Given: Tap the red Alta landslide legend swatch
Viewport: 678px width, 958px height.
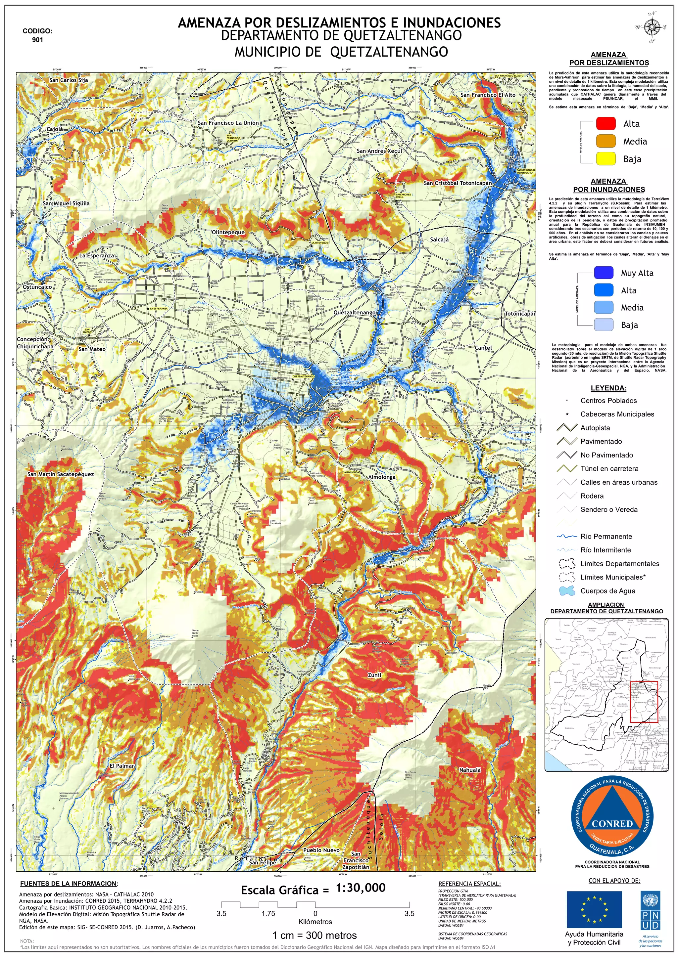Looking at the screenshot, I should click(606, 123).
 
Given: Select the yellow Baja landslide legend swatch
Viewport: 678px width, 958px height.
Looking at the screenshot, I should click(606, 158).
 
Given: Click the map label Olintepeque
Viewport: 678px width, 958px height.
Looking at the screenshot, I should click(228, 233).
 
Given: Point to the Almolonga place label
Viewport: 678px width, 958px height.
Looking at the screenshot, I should click(382, 477).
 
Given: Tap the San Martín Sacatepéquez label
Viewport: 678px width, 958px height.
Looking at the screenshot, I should click(61, 474).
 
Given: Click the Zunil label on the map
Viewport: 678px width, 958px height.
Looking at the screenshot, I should click(374, 675).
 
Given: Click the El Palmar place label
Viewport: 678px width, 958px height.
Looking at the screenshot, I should click(122, 766).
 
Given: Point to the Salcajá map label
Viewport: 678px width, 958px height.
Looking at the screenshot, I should click(439, 240).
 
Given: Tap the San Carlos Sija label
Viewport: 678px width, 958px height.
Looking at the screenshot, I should click(69, 80).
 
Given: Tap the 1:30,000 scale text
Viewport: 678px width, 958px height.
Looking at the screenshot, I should click(361, 888).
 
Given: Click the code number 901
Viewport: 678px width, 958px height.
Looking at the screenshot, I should click(37, 40).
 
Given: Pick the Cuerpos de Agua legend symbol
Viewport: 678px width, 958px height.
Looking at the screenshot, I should click(566, 591).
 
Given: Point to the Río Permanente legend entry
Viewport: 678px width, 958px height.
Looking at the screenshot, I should click(606, 537).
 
